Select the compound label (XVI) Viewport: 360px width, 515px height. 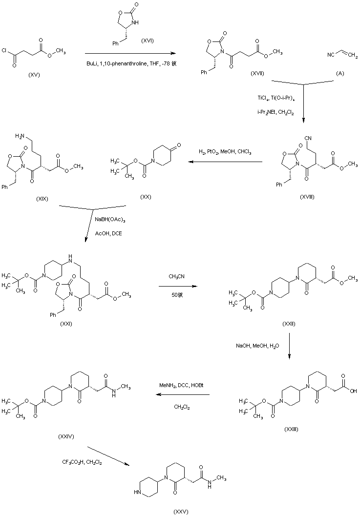tap(147, 41)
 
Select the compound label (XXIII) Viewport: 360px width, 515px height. tap(291, 428)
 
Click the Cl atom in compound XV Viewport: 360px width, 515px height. tap(4, 50)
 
